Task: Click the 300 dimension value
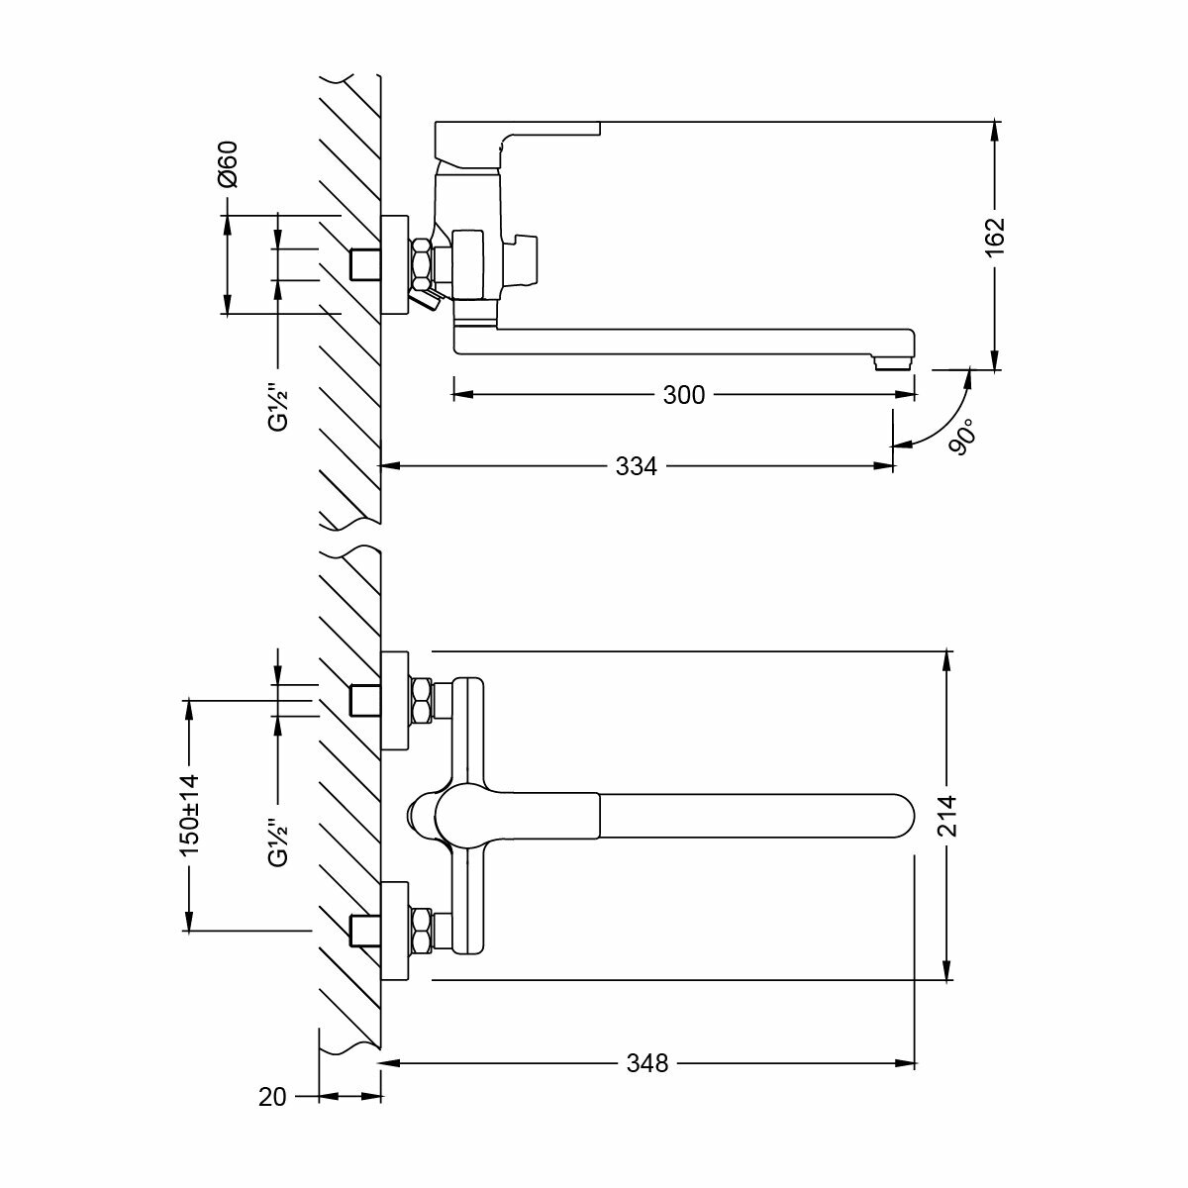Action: coord(683,395)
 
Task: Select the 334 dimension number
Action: coord(637,465)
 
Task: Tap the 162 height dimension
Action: coord(996,239)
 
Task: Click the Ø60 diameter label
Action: coord(228,164)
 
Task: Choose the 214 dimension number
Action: coord(948,817)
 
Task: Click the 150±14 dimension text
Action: coord(190,815)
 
